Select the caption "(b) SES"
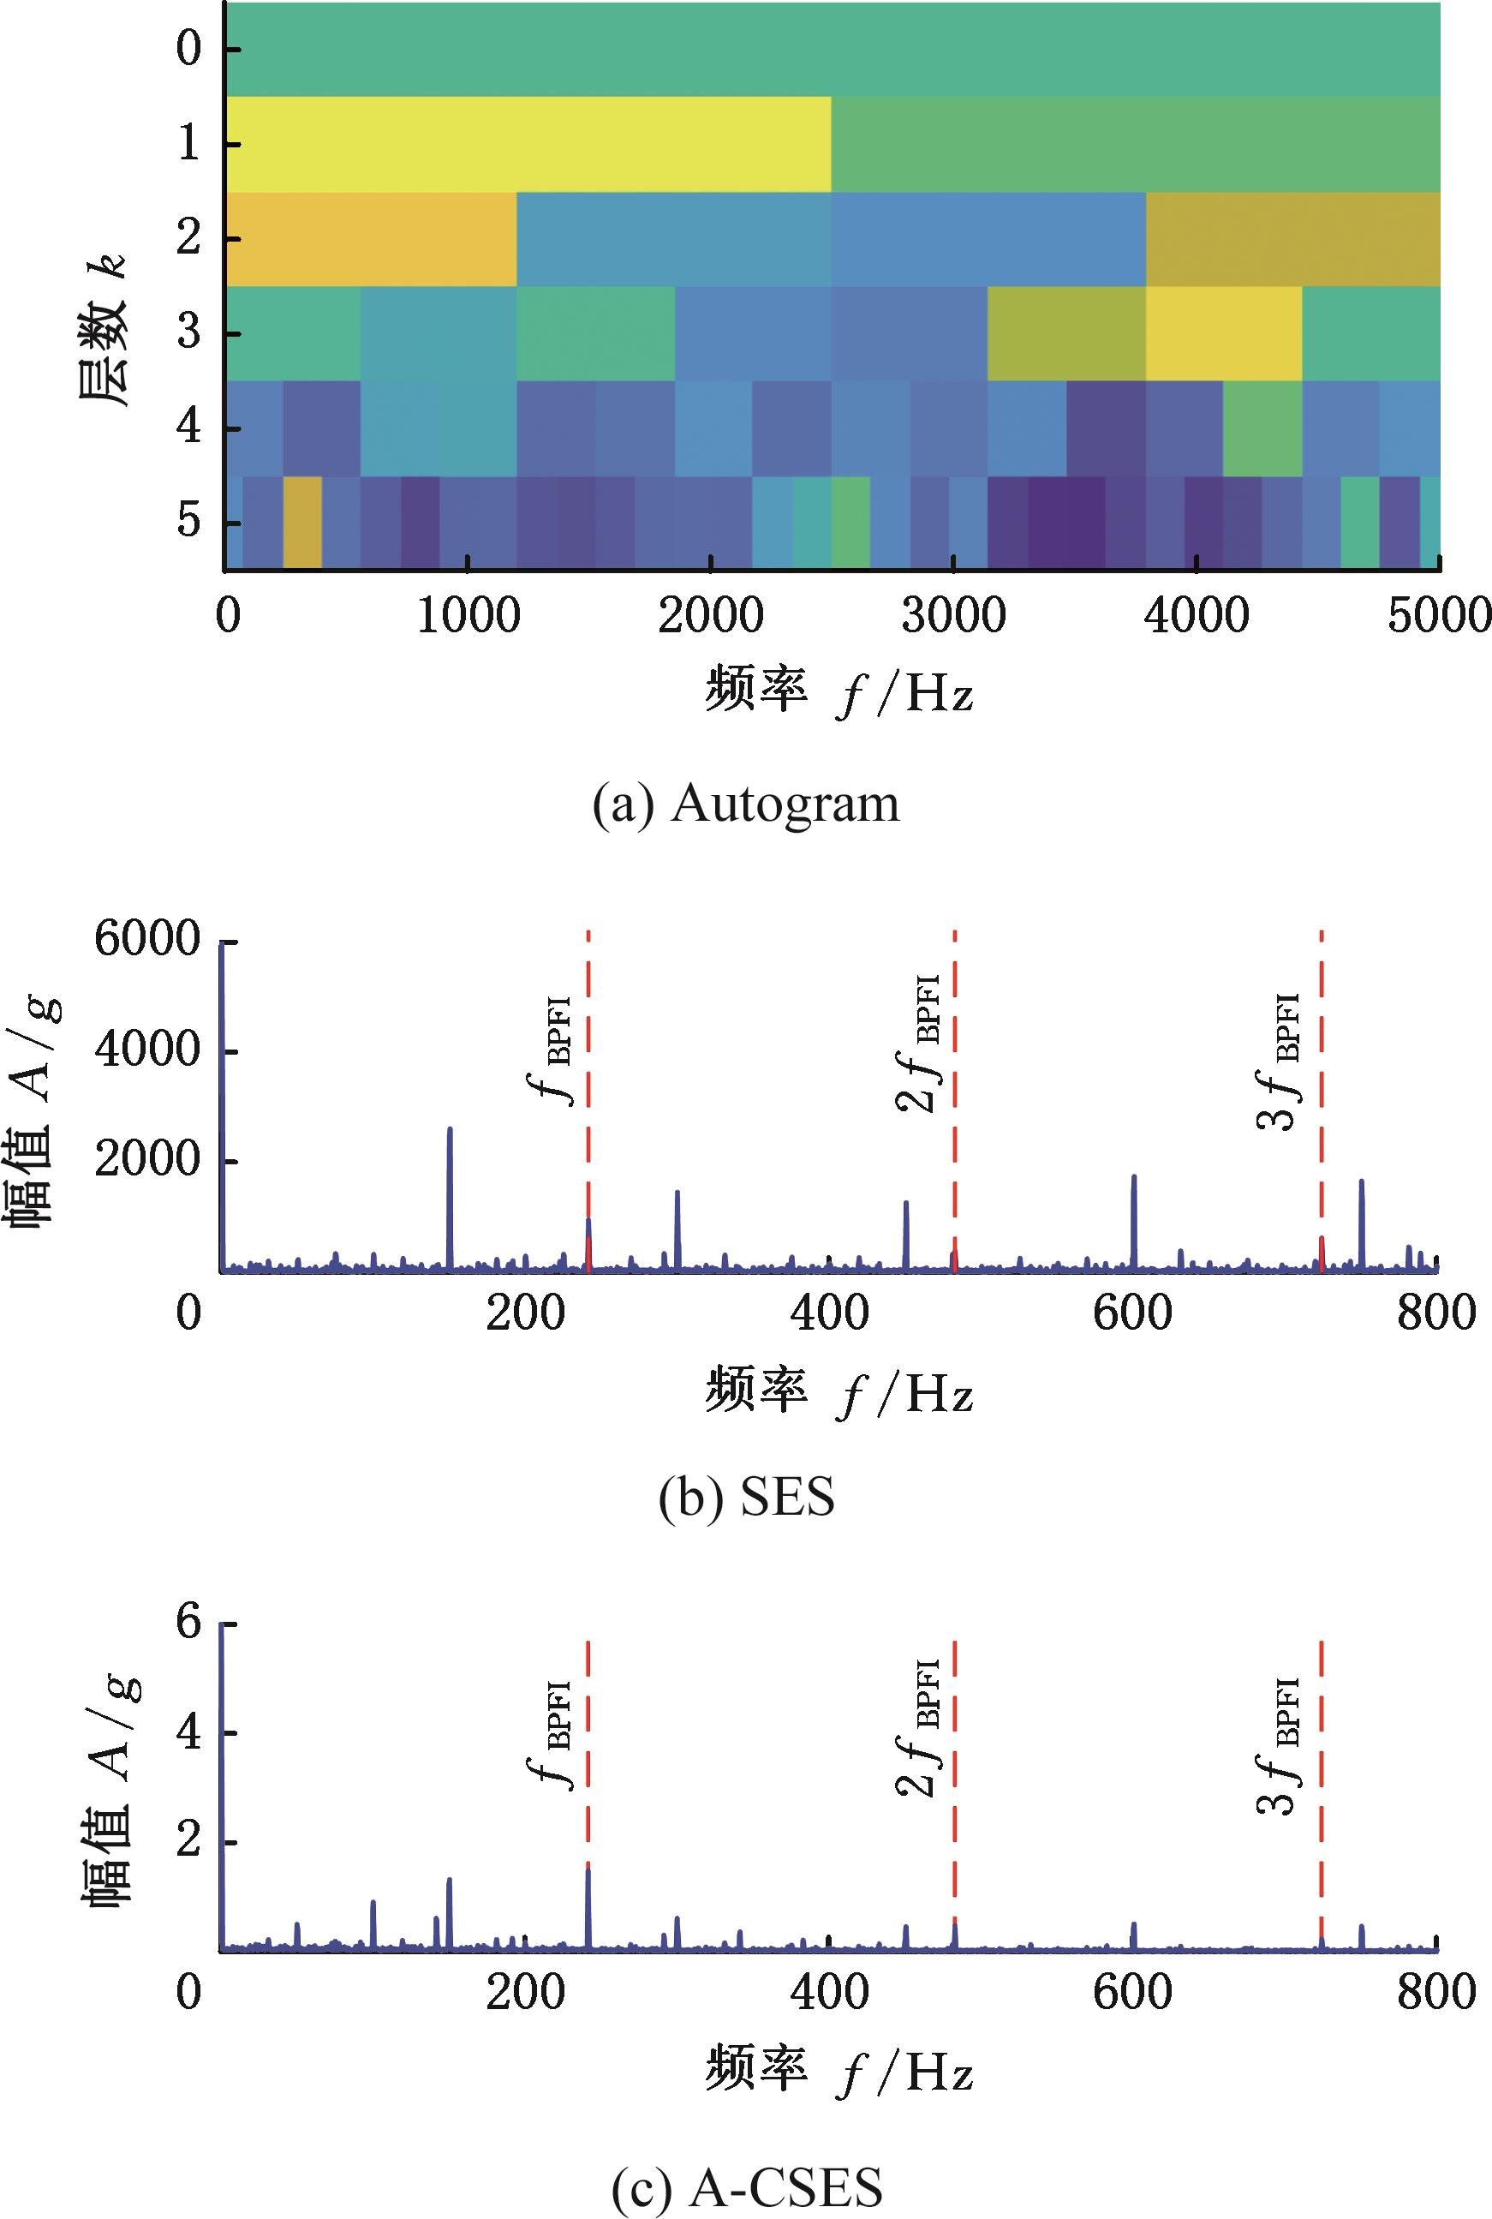pos(746,1497)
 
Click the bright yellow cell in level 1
pos(528,144)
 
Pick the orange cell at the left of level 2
pos(371,239)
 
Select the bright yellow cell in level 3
pos(1223,333)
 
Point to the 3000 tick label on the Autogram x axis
pos(954,616)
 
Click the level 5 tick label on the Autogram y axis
pos(189,523)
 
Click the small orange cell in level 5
pos(302,523)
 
